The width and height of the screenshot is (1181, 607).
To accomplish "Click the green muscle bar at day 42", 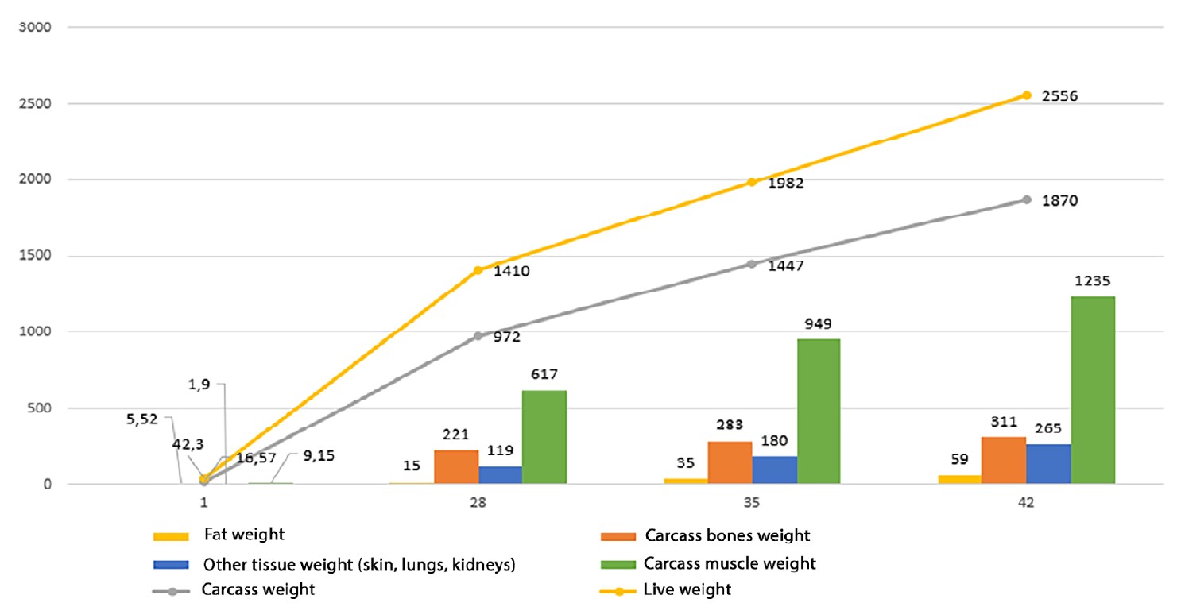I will [1093, 389].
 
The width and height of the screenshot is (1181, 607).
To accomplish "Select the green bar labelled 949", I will [819, 411].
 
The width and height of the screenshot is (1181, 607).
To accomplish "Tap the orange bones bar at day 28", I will [456, 466].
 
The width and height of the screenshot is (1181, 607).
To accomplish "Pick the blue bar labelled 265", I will [1048, 463].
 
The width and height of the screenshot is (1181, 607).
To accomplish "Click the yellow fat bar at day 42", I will [959, 479].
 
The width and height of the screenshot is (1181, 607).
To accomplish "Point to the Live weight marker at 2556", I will [1027, 95].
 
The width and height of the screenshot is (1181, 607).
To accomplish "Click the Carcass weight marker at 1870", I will [1027, 199].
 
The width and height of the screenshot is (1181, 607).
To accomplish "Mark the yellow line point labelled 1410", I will [478, 270].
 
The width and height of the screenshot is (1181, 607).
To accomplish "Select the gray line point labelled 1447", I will [752, 264].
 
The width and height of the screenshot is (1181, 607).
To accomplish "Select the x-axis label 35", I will [752, 503].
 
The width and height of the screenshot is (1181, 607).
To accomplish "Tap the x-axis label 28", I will [478, 503].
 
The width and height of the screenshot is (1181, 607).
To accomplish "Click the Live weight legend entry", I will [687, 590].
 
